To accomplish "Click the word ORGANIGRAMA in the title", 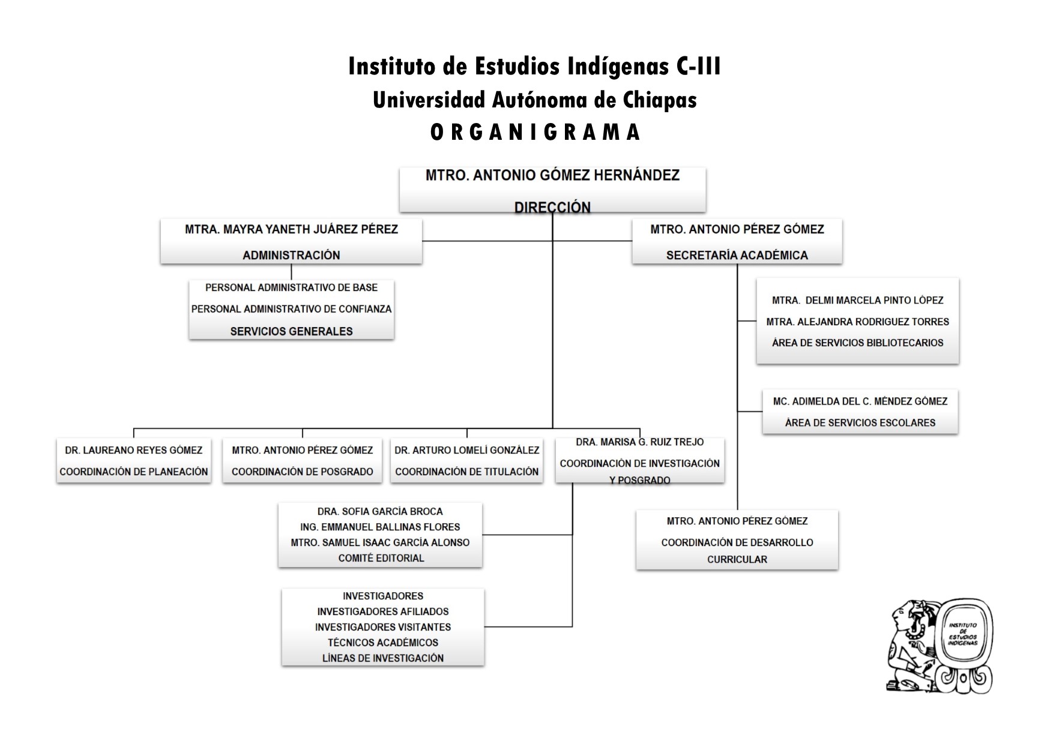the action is (x=536, y=132).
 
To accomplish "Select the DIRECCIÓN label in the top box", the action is (x=552, y=207).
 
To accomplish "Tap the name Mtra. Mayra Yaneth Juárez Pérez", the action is (x=291, y=229).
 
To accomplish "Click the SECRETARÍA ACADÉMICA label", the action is (x=737, y=255).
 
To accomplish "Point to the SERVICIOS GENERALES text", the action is (x=291, y=331).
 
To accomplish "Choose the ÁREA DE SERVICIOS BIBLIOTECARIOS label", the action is (x=857, y=343).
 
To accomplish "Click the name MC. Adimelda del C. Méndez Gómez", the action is (x=860, y=401).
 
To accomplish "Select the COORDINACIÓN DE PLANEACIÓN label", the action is (x=133, y=472).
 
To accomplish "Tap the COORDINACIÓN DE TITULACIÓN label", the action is (x=466, y=472).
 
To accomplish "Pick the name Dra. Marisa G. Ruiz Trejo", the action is (x=639, y=442).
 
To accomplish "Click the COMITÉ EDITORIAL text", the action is (x=381, y=558).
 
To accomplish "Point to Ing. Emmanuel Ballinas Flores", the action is (x=380, y=527).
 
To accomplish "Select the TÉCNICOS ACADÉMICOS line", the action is (x=382, y=643).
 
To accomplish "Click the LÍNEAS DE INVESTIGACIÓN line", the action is (x=382, y=658).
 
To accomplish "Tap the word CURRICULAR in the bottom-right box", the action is (x=737, y=559).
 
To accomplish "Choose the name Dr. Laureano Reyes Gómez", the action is (x=133, y=450).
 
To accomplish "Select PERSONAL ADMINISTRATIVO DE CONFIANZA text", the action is (x=291, y=309).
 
